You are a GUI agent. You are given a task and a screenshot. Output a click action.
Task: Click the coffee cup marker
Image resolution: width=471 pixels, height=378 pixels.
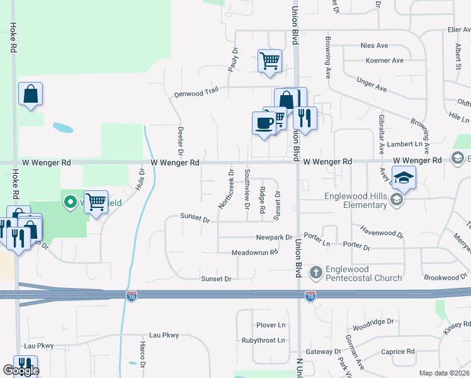[263, 122]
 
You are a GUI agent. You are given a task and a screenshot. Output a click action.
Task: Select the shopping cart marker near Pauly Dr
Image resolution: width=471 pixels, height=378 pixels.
[270, 62]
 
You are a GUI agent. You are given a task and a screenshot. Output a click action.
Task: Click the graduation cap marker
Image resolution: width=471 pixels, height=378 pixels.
[404, 177]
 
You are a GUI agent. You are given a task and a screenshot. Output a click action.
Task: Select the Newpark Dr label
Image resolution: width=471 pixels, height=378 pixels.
[274, 238]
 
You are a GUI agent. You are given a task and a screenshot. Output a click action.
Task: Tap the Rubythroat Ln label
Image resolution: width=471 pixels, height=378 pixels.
[263, 340]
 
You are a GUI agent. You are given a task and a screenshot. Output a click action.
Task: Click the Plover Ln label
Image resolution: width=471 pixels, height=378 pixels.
[271, 325]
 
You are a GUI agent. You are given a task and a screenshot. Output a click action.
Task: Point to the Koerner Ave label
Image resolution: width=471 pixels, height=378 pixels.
[384, 60]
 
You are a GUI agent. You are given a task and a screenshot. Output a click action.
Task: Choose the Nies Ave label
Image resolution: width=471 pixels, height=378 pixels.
[374, 45]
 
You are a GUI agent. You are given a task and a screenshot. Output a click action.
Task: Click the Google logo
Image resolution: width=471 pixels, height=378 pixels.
[21, 370]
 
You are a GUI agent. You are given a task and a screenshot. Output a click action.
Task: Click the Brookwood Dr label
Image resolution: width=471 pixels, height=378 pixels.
[450, 277]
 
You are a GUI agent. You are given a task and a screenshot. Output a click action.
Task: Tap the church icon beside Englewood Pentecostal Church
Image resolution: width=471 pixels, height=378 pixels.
[316, 273]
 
